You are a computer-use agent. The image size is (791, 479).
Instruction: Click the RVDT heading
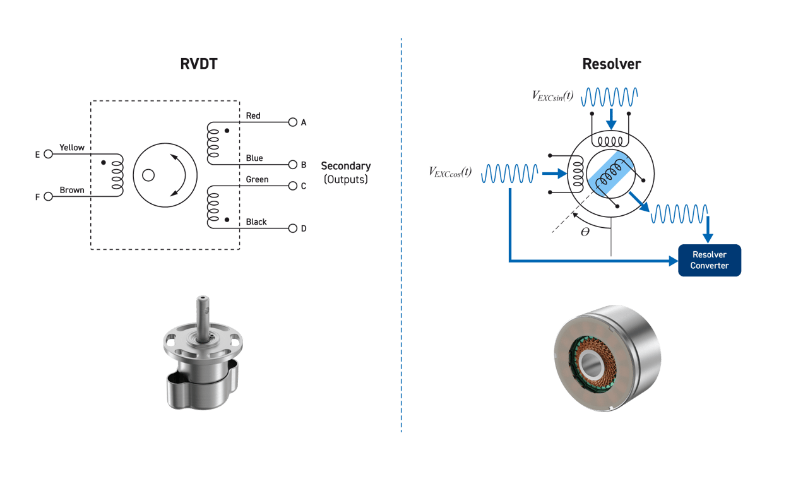[x=199, y=64]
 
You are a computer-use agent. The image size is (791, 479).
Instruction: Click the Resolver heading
[x=611, y=64]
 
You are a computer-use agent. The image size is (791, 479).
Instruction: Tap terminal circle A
[x=292, y=122]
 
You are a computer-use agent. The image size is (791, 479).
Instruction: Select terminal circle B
[x=292, y=165]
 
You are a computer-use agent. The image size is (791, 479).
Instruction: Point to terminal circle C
[x=292, y=186]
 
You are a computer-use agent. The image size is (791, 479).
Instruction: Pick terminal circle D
[x=292, y=228]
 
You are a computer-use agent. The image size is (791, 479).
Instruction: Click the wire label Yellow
[x=72, y=147]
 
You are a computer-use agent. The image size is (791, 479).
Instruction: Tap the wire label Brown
[x=72, y=189]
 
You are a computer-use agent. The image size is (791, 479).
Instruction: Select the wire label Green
[x=257, y=179]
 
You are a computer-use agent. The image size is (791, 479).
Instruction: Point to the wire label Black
[x=256, y=222]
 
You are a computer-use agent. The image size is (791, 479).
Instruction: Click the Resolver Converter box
[x=709, y=260]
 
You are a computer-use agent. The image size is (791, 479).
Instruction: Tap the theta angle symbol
[x=585, y=232]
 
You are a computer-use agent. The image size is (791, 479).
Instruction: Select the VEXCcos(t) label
[x=450, y=172]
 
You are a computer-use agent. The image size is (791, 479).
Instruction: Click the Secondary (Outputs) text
[x=345, y=172]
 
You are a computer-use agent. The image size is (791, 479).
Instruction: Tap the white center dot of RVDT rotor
[x=148, y=175]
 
